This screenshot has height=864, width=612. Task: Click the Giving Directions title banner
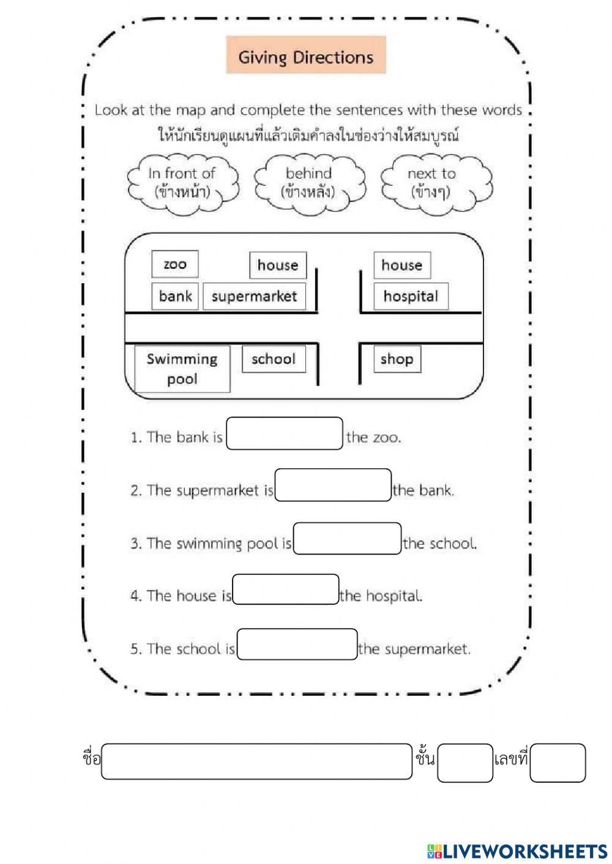[x=305, y=56]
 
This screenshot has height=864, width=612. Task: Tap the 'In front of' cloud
[x=182, y=182]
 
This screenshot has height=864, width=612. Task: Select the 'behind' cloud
[x=309, y=182]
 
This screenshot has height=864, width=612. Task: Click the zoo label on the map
[x=175, y=264]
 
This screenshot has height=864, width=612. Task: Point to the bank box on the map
[x=175, y=297]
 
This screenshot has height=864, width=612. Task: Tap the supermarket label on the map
[x=254, y=297]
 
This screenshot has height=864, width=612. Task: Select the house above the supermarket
[x=277, y=265]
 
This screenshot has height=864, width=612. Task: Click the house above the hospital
[x=401, y=265]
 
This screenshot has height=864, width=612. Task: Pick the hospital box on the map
[x=411, y=297]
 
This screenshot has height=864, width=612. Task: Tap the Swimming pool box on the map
[x=182, y=369]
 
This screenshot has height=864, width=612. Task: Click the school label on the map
[x=274, y=359]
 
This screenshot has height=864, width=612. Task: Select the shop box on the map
[x=397, y=359]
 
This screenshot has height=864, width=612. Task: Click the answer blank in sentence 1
[x=284, y=434]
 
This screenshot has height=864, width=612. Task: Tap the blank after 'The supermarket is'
[x=333, y=486]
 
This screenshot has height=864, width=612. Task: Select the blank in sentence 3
[x=347, y=539]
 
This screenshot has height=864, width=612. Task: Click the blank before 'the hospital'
[x=285, y=589]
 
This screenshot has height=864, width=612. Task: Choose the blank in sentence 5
[x=297, y=644]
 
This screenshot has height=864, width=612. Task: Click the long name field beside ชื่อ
[x=257, y=761]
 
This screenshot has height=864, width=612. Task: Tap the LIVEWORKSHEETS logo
[x=517, y=851]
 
